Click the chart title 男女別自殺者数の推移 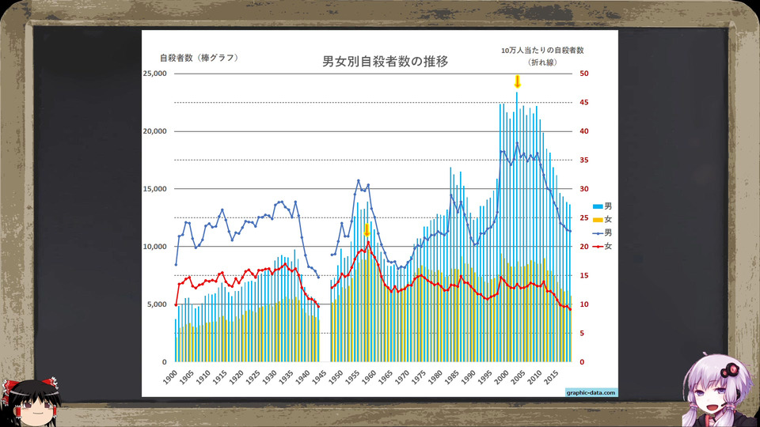[x=386, y=62]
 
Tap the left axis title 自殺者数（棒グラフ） [x=199, y=58]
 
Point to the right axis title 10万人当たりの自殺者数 [x=542, y=51]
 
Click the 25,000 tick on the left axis [x=154, y=74]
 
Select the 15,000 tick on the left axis [x=154, y=189]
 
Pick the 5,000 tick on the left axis [x=157, y=304]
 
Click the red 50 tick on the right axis [x=584, y=74]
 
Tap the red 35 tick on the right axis [x=584, y=161]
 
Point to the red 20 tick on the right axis [x=584, y=247]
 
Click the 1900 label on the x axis [x=169, y=377]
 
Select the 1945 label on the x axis [x=318, y=377]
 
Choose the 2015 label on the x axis [x=551, y=377]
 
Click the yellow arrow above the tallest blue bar [x=517, y=81]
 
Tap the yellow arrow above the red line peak [x=367, y=229]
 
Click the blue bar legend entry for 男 [x=602, y=206]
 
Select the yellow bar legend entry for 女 [x=602, y=219]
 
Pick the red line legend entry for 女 [x=602, y=247]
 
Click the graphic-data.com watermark [x=591, y=393]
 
